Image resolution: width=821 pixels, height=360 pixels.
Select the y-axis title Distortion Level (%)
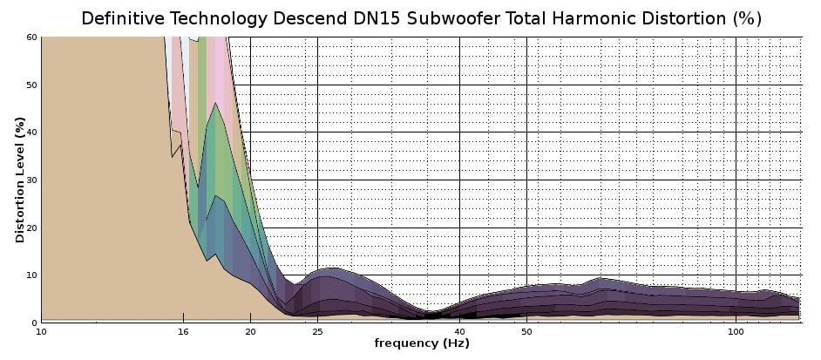point(19,180)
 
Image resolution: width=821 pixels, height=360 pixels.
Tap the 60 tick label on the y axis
point(31,37)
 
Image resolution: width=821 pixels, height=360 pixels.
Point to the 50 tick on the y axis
point(31,85)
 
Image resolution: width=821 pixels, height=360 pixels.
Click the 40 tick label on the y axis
point(31,132)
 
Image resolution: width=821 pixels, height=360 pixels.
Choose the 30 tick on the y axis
point(31,180)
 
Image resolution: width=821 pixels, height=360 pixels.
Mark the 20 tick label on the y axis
point(31,228)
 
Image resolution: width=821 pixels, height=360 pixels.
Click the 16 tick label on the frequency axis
point(182,332)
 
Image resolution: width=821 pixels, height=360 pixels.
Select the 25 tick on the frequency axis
point(318,332)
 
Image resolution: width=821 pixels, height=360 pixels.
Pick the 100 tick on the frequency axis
point(736,332)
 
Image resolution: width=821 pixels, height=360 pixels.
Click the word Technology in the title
point(226,18)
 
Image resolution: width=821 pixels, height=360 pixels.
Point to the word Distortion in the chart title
point(672,18)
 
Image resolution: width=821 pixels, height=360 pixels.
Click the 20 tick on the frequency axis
point(250,332)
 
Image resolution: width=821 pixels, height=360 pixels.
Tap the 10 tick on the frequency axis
point(41,332)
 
